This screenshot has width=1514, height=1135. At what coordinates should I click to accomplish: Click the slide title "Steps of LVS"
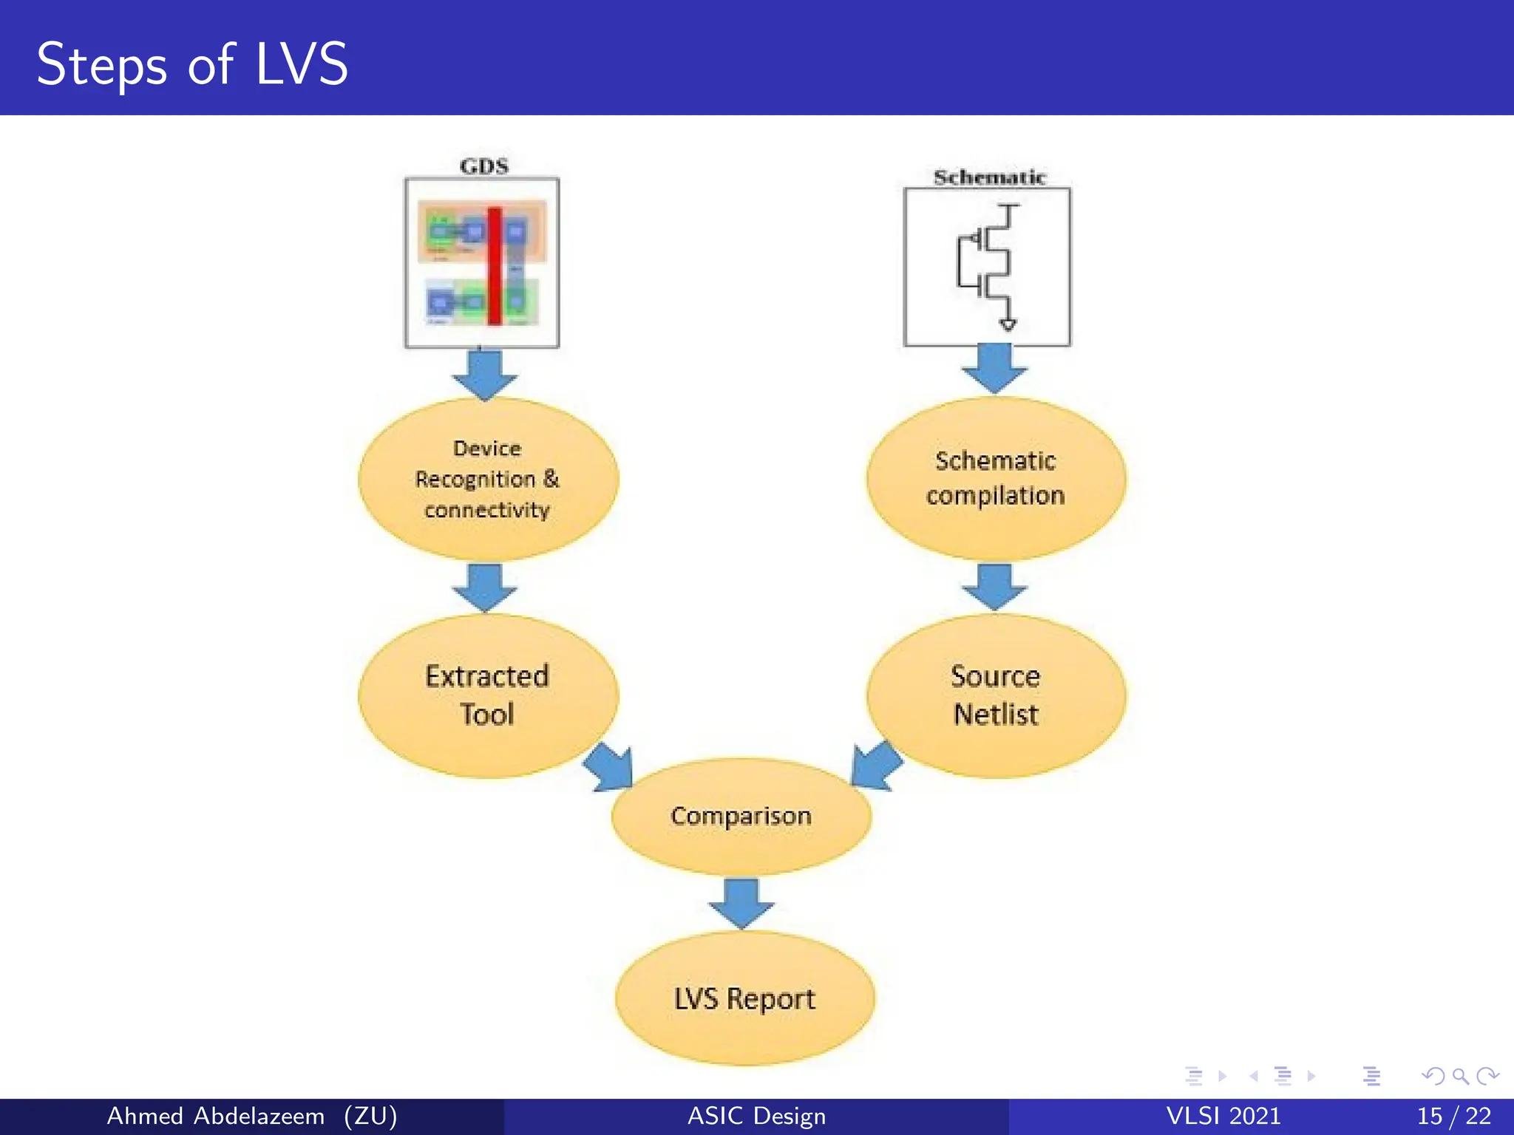click(192, 64)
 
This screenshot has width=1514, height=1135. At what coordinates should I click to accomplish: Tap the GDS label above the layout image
click(484, 166)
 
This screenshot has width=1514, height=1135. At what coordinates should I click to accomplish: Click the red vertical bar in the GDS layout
click(495, 266)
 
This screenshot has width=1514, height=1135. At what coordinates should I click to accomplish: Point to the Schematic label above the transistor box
click(989, 177)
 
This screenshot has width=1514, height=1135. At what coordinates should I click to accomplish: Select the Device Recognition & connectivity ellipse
click(488, 479)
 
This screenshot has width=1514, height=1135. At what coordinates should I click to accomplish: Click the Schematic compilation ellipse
click(996, 478)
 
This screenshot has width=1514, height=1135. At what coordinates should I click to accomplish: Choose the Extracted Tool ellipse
click(488, 695)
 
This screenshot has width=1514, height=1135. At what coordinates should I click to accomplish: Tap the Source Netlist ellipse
click(996, 695)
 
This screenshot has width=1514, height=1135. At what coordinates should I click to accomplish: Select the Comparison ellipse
click(741, 816)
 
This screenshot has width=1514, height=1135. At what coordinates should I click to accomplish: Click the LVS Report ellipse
click(744, 998)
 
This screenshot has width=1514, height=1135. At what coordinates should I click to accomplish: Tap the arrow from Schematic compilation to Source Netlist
click(994, 587)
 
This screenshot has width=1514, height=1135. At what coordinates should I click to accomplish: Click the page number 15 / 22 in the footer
click(1453, 1116)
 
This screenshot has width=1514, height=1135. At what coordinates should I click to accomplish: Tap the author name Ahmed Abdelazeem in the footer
click(216, 1116)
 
